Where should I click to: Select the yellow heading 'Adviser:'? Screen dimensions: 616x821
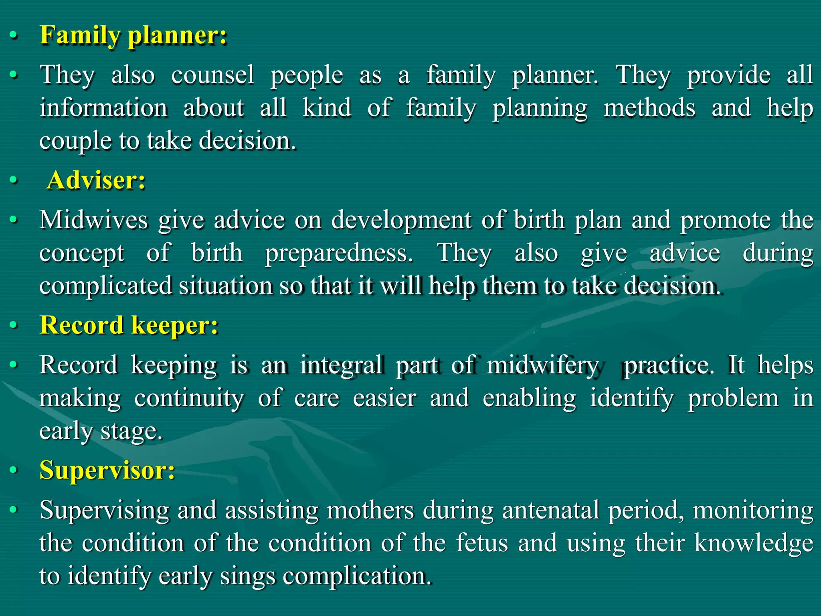click(x=96, y=180)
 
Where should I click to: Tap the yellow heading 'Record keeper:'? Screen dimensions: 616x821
click(x=129, y=325)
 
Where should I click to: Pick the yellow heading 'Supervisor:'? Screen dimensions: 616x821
click(x=107, y=470)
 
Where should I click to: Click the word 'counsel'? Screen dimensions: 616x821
click(x=212, y=75)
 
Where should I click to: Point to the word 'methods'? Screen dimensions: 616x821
click(x=649, y=108)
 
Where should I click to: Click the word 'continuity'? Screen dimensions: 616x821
click(x=189, y=399)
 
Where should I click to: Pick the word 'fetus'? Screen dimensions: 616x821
click(x=482, y=543)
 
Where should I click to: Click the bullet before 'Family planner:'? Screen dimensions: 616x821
click(x=14, y=36)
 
